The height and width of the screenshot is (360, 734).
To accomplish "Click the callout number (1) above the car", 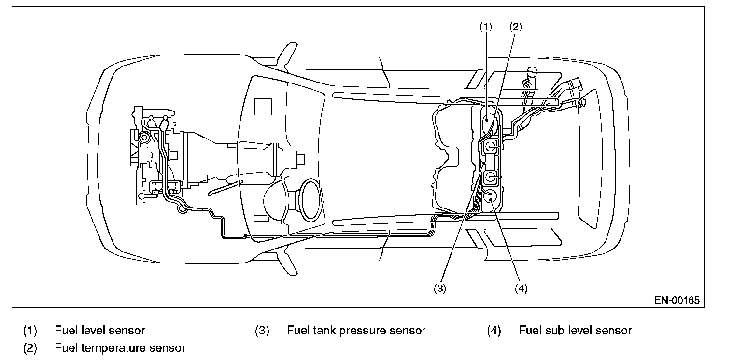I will [485, 27].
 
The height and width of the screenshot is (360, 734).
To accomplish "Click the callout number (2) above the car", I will [515, 27].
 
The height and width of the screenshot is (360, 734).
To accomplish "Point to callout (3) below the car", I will [439, 288].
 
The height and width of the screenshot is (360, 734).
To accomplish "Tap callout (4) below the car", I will [521, 288].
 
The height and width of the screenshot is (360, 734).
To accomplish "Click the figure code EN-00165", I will [677, 300].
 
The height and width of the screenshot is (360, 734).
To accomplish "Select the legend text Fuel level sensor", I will [99, 331].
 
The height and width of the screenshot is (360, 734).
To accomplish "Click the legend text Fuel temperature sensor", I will [120, 347].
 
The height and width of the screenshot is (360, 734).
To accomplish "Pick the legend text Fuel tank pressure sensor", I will [356, 331].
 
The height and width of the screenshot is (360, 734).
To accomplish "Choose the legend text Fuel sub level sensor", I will [575, 331].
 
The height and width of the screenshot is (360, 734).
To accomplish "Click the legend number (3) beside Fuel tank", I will [262, 331].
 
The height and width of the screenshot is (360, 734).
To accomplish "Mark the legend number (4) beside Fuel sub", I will [494, 331].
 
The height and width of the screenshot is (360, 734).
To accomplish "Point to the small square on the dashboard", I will [264, 106].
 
